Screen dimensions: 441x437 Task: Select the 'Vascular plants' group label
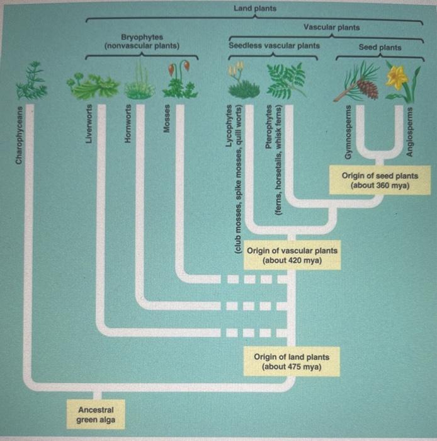pos(331,27)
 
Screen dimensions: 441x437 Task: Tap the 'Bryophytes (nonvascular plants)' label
pos(141,42)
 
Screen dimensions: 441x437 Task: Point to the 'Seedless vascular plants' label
pos(273,45)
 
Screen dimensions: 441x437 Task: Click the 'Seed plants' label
pos(380,47)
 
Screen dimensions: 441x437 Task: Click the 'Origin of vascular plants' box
pos(292,255)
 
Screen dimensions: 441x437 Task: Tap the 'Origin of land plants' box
pos(292,362)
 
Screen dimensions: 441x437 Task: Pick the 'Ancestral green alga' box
pos(96,415)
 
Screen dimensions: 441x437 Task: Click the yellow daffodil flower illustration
pos(397,77)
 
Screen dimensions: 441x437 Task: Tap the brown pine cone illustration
pos(367,88)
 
